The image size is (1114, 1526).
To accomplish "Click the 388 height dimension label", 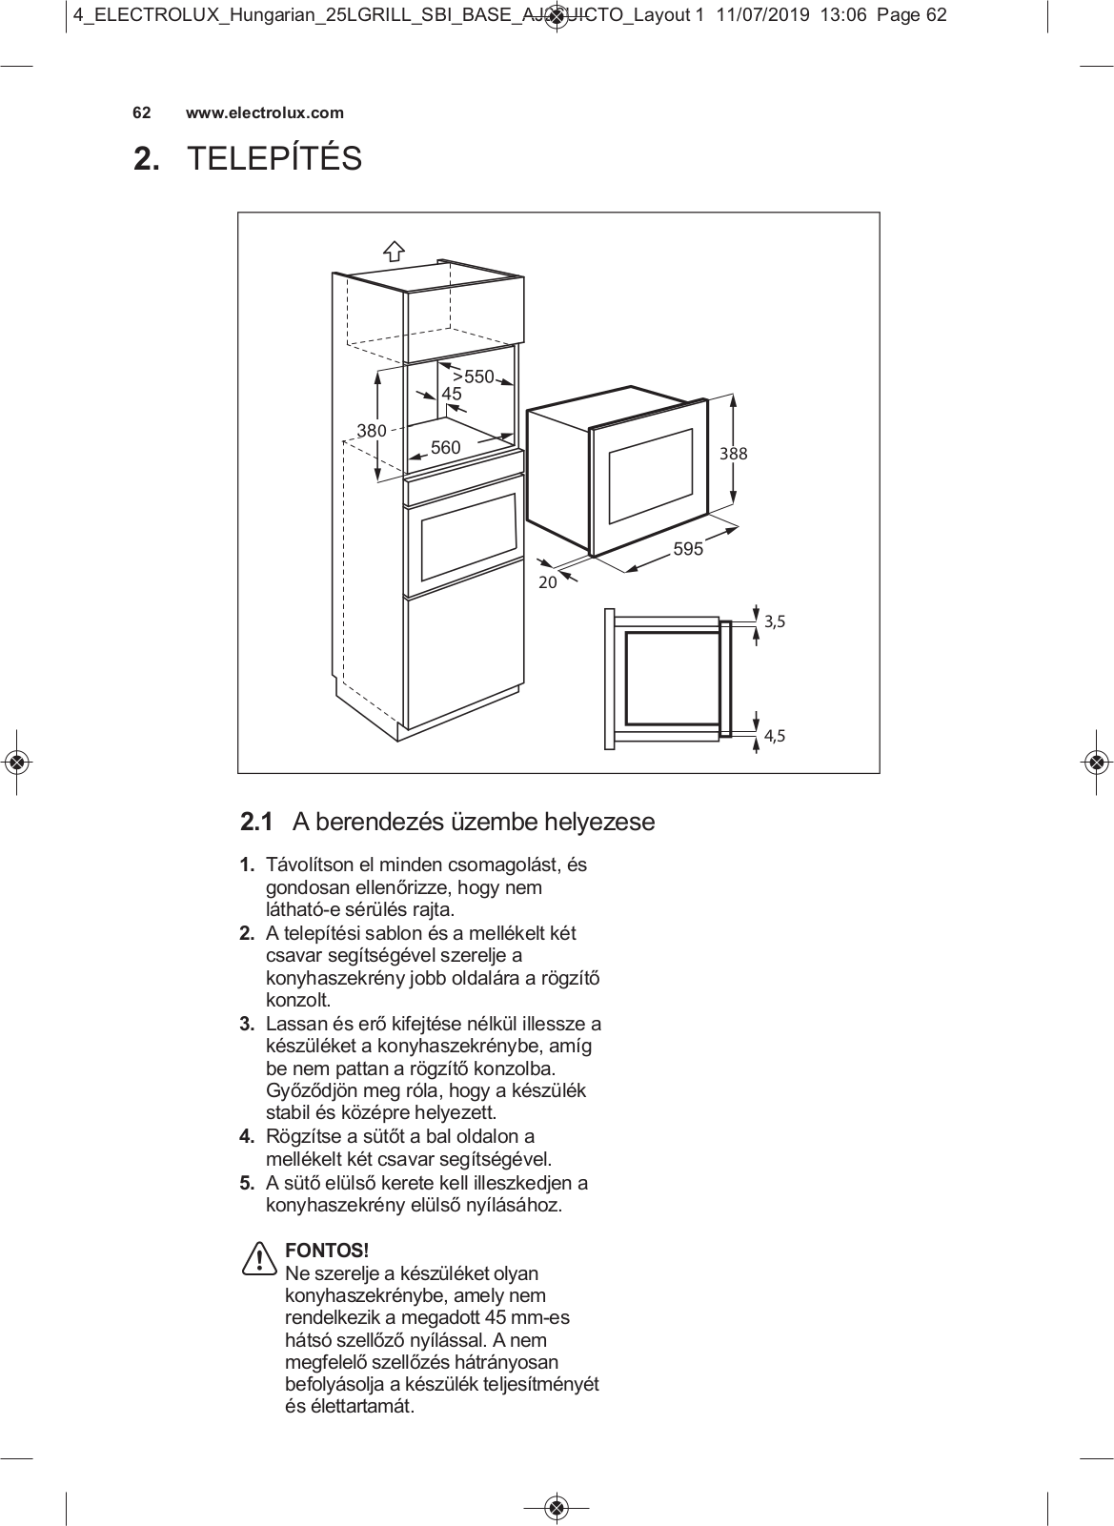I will click(733, 454).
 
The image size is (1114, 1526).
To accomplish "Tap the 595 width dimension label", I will click(688, 548).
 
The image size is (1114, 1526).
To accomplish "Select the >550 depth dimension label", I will click(473, 376).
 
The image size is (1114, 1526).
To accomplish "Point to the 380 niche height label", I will click(372, 431).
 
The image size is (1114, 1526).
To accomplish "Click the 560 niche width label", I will click(445, 447).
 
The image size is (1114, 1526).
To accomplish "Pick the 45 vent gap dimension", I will click(451, 394).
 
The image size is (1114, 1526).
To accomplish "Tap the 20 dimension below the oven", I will click(547, 582).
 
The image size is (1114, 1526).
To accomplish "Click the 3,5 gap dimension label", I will click(775, 621).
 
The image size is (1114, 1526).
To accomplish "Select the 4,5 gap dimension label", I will click(775, 735).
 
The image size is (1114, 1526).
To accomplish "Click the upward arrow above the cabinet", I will click(394, 251).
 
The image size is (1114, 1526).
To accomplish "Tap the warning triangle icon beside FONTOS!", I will click(258, 1259).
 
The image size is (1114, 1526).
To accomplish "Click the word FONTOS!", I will click(327, 1251).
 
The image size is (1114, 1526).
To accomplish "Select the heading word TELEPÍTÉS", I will click(274, 159).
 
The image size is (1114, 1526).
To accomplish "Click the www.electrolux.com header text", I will click(264, 112).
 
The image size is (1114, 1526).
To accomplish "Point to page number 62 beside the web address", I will click(141, 112).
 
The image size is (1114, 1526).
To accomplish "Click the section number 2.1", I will click(256, 822).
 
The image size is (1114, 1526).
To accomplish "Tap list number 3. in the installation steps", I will click(247, 1025).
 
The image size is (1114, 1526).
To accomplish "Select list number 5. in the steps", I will click(247, 1184).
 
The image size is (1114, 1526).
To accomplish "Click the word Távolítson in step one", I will click(308, 865).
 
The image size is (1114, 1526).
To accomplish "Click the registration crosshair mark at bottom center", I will click(557, 1507).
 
